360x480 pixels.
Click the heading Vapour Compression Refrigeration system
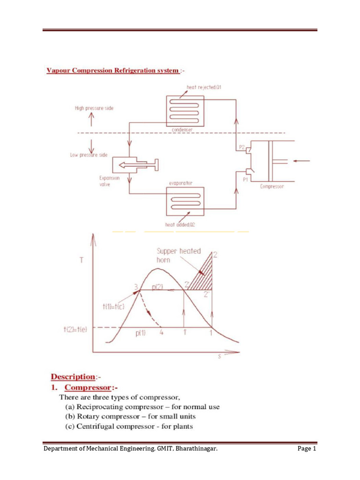tap(112, 71)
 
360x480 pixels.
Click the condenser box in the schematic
tap(185, 111)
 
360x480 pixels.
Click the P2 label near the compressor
tap(242, 147)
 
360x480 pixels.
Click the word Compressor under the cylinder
tap(272, 187)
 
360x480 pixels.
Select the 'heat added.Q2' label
tap(180, 225)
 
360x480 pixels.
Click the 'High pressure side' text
tap(94, 108)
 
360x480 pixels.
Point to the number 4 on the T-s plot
tap(162, 334)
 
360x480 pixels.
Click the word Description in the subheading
tap(72, 376)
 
